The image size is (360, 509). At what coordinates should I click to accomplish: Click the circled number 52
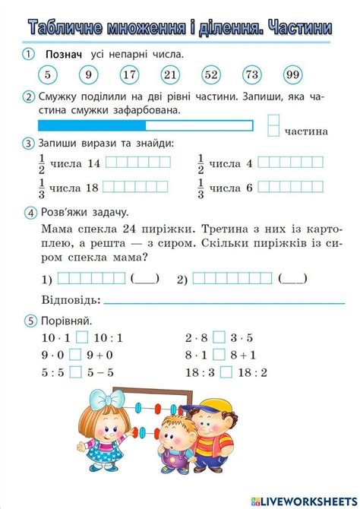211,74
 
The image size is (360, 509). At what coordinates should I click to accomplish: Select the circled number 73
252,74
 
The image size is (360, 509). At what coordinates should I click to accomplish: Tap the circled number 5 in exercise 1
48,74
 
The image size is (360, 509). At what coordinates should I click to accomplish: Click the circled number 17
130,74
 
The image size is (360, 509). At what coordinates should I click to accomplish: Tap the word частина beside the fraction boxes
306,131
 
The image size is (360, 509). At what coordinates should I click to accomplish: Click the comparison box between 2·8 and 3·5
219,337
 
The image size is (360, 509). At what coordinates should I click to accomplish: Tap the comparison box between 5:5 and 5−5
76,372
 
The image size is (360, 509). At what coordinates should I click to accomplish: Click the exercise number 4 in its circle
30,213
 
